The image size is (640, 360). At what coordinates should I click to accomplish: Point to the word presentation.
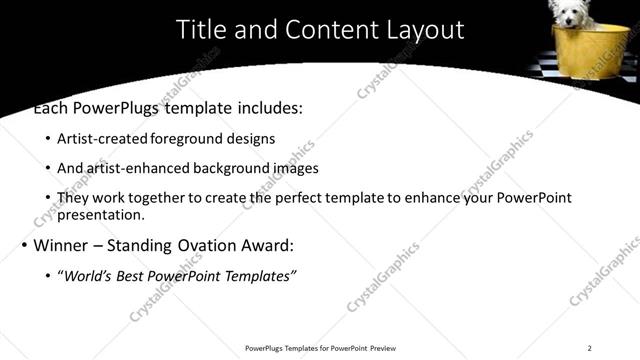[101, 214]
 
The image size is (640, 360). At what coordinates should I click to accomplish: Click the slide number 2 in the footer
[590, 348]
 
